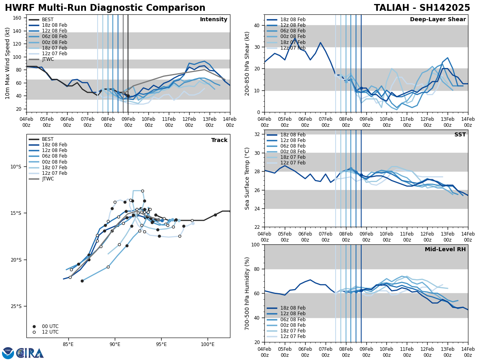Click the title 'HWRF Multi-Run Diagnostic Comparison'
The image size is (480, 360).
pos(105,8)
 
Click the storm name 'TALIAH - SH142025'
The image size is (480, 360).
pos(422,8)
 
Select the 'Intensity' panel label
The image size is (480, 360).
pos(214,20)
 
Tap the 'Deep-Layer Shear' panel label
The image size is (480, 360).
pos(438,20)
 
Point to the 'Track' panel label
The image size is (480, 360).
pos(219,140)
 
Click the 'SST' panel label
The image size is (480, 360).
pos(460,135)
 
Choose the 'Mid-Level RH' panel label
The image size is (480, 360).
pos(445,250)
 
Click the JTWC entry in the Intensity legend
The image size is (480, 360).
pos(48,59)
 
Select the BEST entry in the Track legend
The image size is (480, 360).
pos(47,139)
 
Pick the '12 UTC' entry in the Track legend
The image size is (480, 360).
pos(50,332)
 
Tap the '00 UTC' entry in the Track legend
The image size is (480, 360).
pos(50,326)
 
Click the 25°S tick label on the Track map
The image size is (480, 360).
pos(16,306)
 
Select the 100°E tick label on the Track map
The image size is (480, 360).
pos(208,344)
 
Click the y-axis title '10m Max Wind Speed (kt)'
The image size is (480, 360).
pos(8,63)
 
